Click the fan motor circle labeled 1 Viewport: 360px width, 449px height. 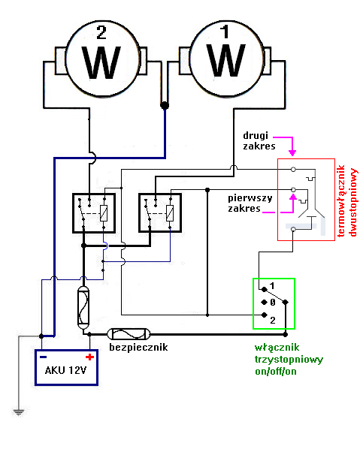pos(226,59)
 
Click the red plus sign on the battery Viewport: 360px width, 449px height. pos(89,357)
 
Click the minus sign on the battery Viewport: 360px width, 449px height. pos(44,357)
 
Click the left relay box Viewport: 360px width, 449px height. pos(93,213)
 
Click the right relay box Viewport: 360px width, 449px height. pos(160,213)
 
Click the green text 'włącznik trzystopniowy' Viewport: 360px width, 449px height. pos(290,354)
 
